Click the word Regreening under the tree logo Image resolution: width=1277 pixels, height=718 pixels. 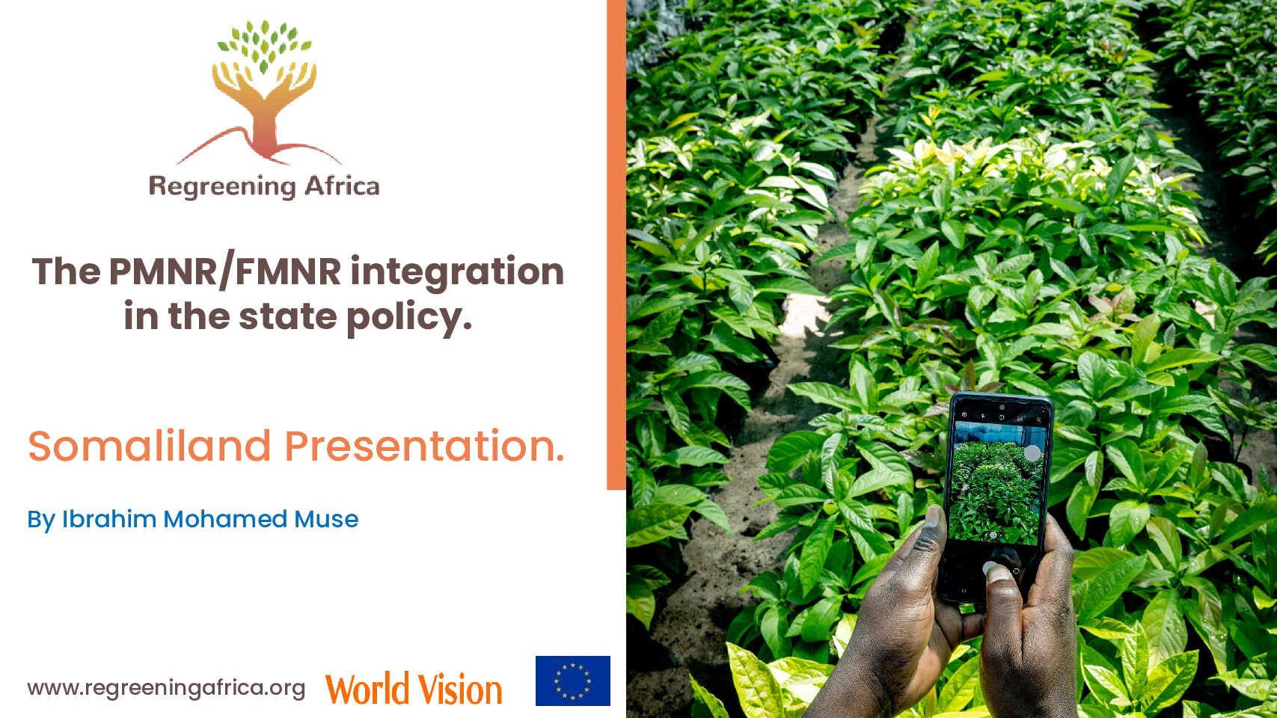222,187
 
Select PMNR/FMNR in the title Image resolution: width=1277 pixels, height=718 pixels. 225,271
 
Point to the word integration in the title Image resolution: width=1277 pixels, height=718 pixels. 457,274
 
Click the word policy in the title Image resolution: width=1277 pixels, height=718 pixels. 409,317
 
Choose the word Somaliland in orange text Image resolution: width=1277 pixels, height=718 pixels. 150,446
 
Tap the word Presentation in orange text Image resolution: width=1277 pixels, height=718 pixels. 424,446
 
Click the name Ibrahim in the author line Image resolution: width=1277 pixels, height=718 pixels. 109,519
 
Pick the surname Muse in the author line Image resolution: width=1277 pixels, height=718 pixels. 326,519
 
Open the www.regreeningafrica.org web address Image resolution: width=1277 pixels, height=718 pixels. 166,688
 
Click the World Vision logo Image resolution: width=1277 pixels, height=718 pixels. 414,689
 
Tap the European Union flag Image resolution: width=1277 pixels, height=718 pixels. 573,681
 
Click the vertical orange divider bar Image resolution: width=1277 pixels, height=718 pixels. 616,245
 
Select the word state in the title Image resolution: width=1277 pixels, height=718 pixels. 287,317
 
